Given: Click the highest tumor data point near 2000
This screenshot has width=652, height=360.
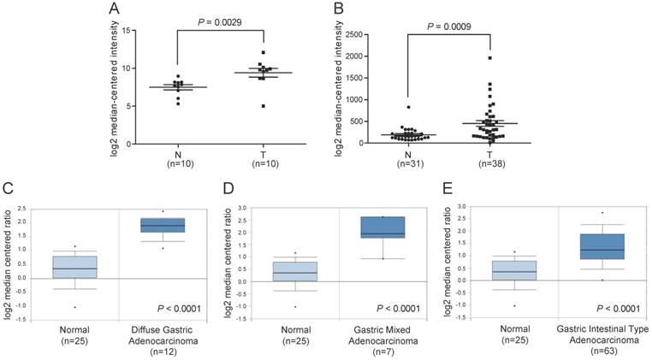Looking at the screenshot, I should click(490, 58).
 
